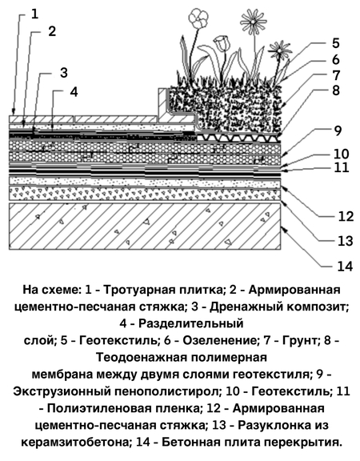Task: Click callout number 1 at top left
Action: pyautogui.click(x=34, y=14)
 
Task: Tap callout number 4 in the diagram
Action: pyautogui.click(x=74, y=92)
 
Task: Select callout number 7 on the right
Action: pyautogui.click(x=336, y=75)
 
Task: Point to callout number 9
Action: pyautogui.click(x=338, y=131)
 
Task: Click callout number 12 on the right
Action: pyautogui.click(x=346, y=216)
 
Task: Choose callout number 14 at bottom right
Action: pyautogui.click(x=345, y=267)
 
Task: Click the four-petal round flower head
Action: pyautogui.click(x=198, y=17)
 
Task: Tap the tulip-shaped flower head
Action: pyautogui.click(x=221, y=43)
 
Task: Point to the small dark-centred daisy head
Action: pyautogui.click(x=279, y=50)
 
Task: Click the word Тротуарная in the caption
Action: pyautogui.click(x=136, y=290)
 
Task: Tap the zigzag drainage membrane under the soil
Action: pyautogui.click(x=238, y=137)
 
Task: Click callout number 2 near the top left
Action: pyautogui.click(x=52, y=31)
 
